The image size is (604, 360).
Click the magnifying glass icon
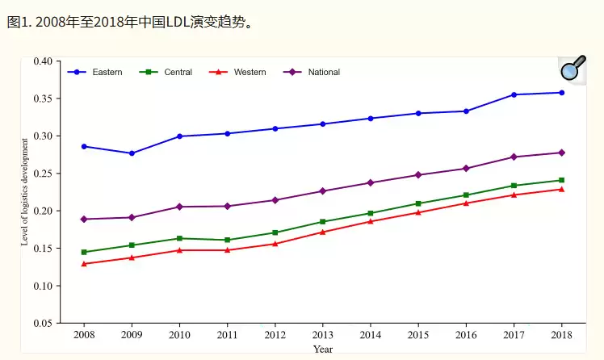(x=573, y=69)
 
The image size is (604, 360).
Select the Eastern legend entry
(x=107, y=73)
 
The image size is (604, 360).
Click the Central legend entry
(x=178, y=73)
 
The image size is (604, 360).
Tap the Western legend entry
(x=250, y=73)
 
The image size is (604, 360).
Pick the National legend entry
(x=323, y=73)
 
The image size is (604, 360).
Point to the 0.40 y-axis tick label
(x=43, y=61)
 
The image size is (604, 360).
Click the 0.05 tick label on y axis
(x=43, y=324)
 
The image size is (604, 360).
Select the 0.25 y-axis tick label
(x=43, y=174)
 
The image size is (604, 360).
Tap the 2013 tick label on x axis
(x=322, y=335)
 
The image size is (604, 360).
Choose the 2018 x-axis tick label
(x=561, y=335)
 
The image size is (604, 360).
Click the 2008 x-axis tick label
(x=84, y=335)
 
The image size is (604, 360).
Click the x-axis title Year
(x=323, y=350)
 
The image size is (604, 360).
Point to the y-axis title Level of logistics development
(x=25, y=191)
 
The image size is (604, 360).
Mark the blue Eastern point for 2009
(x=132, y=153)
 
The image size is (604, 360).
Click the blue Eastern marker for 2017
(x=514, y=94)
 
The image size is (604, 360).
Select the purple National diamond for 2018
(x=561, y=153)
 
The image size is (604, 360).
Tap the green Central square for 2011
(x=227, y=240)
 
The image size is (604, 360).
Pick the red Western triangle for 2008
(x=84, y=264)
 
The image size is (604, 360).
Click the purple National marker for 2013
(x=322, y=191)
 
